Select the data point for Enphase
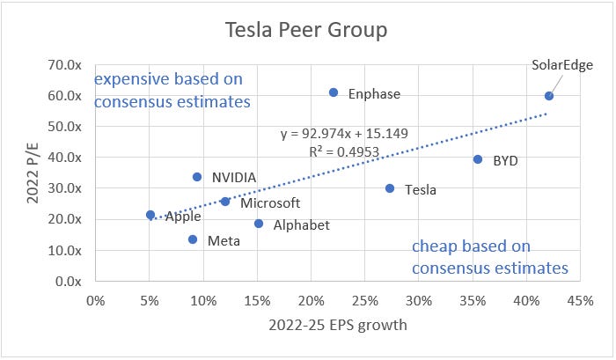click(x=334, y=92)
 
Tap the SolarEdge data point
click(x=549, y=96)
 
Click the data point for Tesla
click(x=390, y=188)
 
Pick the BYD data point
click(x=478, y=159)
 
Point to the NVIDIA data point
click(x=197, y=177)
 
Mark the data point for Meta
click(x=193, y=239)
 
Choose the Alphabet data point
click(x=259, y=224)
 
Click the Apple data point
click(x=150, y=215)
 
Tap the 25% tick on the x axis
click(x=365, y=300)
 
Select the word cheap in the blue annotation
click(x=433, y=246)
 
